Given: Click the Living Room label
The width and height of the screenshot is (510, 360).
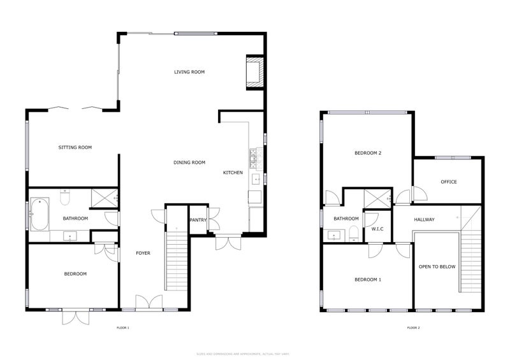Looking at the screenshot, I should tap(189, 72).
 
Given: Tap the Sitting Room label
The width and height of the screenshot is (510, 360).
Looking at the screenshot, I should tap(75, 147).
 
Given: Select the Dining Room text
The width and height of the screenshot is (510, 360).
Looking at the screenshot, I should tap(189, 162).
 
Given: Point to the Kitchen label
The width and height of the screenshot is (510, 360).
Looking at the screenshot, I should tap(233, 173).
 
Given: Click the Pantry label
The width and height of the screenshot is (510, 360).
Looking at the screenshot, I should tap(198, 220).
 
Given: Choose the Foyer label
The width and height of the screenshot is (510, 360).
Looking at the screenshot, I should tap(143, 253).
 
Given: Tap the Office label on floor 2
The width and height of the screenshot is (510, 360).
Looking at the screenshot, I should tap(449, 182).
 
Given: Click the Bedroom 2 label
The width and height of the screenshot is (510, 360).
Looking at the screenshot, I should tap(368, 153).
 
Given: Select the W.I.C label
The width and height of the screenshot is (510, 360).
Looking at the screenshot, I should tap(377, 228).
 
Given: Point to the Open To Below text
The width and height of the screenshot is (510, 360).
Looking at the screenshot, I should tap(437, 266).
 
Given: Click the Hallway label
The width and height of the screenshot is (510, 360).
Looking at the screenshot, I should tap(424, 220).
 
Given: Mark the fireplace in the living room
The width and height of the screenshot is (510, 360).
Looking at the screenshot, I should tap(253, 72).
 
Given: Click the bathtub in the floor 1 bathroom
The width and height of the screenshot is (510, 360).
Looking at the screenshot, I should tap(39, 215).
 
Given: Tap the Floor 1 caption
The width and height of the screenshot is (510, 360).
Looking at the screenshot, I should tap(123, 328).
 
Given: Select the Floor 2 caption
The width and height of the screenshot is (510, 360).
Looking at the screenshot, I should tap(414, 328).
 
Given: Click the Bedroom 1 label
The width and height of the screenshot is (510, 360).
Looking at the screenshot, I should tap(368, 280).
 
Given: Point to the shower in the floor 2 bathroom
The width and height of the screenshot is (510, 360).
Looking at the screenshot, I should tap(376, 198).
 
